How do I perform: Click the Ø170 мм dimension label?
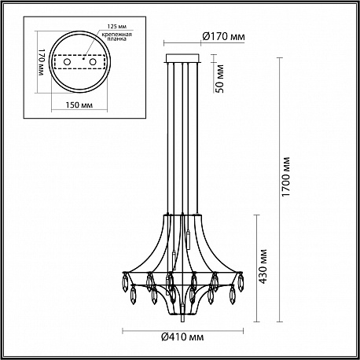tap(223, 36)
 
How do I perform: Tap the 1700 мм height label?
tap(286, 177)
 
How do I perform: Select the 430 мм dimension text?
tap(263, 266)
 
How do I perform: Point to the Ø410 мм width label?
tap(182, 336)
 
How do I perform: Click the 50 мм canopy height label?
tap(220, 79)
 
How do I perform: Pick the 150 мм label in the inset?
tap(79, 105)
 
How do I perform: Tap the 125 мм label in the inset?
tap(117, 27)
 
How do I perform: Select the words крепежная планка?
tap(117, 37)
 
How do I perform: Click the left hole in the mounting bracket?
tap(67, 62)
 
